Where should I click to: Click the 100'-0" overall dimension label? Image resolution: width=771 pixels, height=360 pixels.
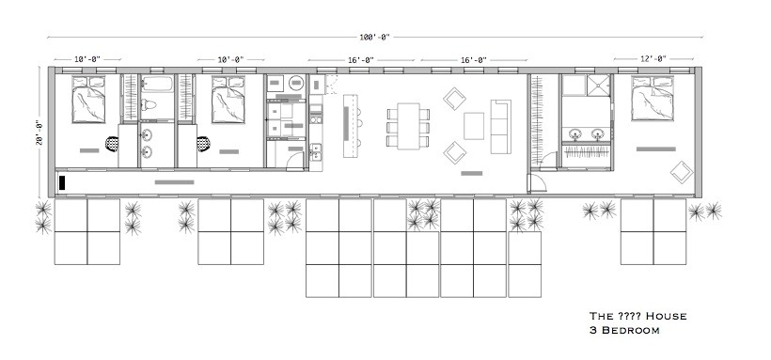(375, 37)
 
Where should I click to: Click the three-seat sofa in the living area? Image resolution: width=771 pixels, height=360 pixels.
(499, 125)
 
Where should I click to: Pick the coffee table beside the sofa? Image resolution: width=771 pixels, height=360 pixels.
(475, 126)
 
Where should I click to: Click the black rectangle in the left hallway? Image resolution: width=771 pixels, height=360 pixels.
(61, 183)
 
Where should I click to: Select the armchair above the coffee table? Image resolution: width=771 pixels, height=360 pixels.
(455, 99)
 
